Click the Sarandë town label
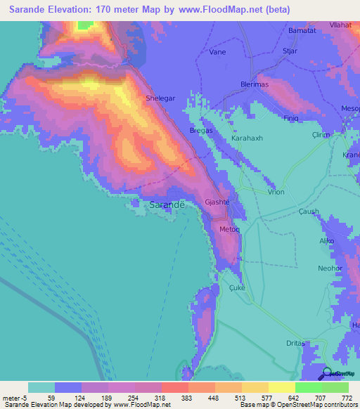click(167, 204)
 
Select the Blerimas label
click(255, 84)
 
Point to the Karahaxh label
click(247, 138)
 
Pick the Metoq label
click(230, 230)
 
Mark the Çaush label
click(309, 212)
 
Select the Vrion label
click(276, 191)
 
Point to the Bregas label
click(201, 131)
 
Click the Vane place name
click(218, 52)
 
